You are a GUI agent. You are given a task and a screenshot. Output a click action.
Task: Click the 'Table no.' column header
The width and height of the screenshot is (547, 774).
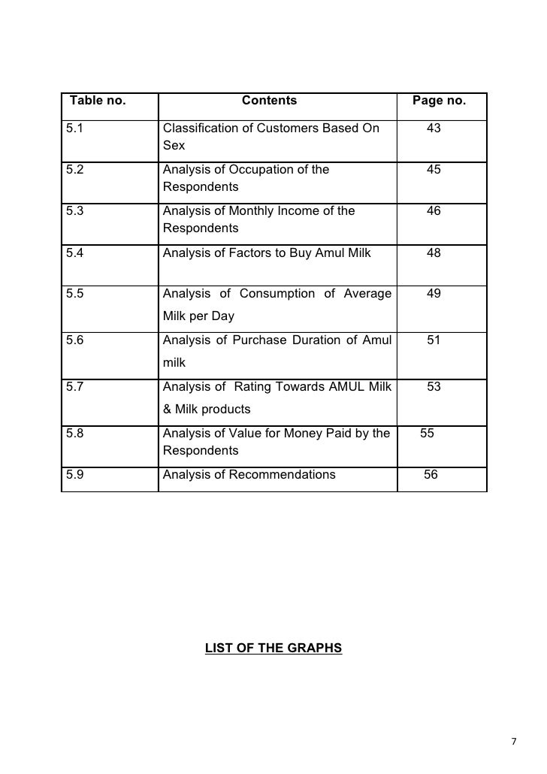[98, 101]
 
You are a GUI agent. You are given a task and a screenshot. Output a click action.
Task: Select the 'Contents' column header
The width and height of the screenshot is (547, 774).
[269, 101]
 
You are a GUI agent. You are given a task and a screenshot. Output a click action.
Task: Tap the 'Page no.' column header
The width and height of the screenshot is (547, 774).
[440, 101]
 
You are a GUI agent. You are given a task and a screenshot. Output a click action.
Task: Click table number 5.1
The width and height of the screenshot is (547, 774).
[74, 128]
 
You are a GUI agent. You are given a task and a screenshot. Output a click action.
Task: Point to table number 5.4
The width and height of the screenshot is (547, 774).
[74, 253]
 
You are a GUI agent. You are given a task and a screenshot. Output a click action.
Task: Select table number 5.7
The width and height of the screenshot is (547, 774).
[74, 387]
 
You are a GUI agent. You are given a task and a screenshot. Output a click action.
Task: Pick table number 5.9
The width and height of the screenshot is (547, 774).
[74, 475]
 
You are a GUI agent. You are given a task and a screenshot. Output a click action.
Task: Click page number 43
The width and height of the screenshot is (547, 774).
[434, 128]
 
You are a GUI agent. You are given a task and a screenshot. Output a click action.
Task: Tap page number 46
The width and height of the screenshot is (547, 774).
[434, 211]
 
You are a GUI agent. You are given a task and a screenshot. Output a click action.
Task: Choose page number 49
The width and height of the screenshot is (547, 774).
[434, 294]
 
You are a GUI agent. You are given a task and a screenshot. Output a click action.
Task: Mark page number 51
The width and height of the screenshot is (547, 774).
[434, 340]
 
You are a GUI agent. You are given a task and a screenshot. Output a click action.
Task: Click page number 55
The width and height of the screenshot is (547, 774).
[427, 434]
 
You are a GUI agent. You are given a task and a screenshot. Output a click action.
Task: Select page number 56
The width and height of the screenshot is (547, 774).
[431, 475]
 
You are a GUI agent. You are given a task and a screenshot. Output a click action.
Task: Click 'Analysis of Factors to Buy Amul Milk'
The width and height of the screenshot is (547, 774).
[267, 253]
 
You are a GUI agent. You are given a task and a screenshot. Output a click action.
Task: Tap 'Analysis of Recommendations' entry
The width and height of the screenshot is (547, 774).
[249, 475]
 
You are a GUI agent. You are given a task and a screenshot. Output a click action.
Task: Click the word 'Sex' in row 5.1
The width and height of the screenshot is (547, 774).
[174, 145]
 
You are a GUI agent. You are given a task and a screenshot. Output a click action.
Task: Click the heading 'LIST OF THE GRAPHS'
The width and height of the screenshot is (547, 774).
[273, 648]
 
